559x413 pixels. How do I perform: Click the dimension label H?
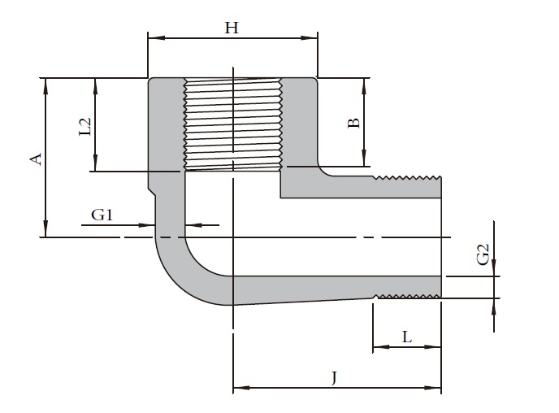point(232,28)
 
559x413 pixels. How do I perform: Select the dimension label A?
point(35,158)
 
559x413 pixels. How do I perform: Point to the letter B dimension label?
point(353,123)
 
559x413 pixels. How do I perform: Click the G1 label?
point(102,215)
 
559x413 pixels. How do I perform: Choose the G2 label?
point(483,254)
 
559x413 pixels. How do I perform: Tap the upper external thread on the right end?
point(406,176)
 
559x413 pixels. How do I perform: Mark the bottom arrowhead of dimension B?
point(364,160)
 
